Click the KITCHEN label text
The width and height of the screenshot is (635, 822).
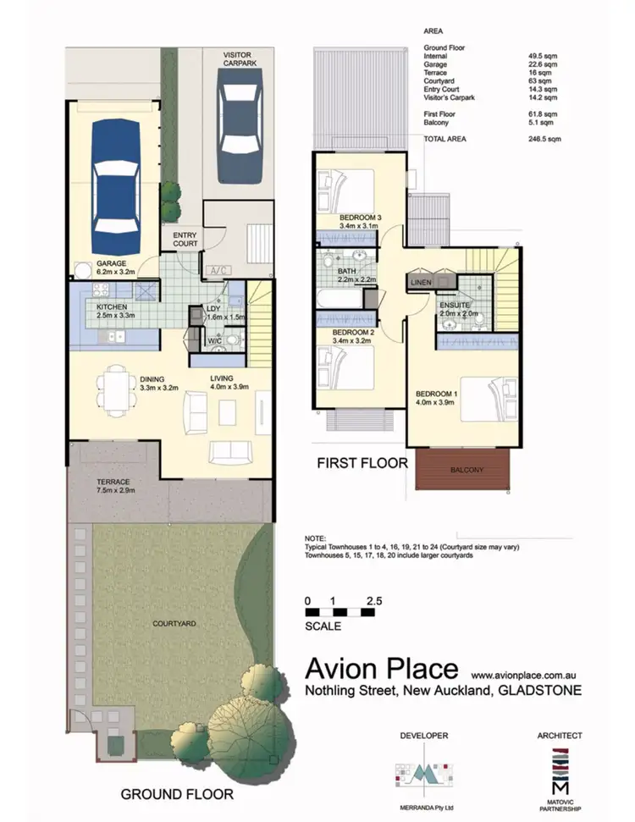pos(113,307)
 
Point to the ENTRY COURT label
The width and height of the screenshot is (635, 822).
pos(185,240)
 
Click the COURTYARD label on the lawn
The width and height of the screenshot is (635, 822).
pos(174,623)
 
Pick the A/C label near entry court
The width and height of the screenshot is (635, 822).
pos(218,270)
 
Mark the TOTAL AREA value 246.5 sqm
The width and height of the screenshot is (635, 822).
pos(542,138)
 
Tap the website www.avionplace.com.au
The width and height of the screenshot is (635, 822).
pos(523,676)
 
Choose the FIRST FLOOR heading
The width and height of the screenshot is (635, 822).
pos(362,463)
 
